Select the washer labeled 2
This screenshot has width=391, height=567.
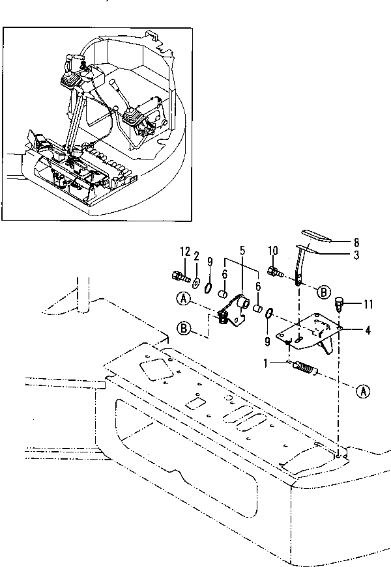pyautogui.click(x=196, y=281)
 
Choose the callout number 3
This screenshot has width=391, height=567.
pyautogui.click(x=356, y=255)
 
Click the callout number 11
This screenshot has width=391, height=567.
pyautogui.click(x=368, y=303)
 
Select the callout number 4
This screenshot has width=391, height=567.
pyautogui.click(x=368, y=330)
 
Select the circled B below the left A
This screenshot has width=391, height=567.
pyautogui.click(x=184, y=329)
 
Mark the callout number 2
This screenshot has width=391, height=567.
pyautogui.click(x=196, y=256)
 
